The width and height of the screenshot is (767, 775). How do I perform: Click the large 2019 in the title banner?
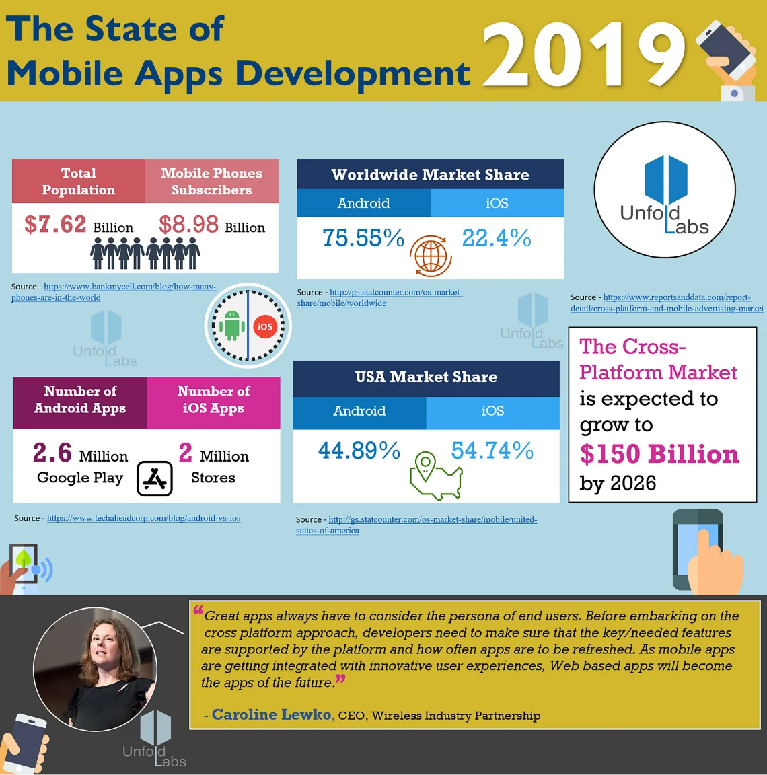coord(584,55)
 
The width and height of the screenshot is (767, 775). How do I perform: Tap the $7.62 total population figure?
coord(55,225)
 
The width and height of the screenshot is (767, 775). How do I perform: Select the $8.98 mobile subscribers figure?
coord(188,225)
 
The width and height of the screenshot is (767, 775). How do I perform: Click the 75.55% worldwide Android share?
coord(363,238)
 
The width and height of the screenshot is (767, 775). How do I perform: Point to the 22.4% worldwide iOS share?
coord(497,238)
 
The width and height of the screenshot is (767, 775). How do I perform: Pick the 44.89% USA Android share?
coord(359,451)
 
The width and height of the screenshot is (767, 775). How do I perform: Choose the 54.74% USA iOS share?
coord(492,451)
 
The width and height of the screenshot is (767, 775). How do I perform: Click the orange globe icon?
coord(431,256)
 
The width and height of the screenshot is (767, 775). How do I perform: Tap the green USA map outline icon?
coord(435,477)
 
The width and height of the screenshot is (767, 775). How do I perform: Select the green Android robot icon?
coord(232,326)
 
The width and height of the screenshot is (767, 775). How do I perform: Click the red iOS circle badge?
coord(265,326)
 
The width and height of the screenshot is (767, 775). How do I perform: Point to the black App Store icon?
coord(155,478)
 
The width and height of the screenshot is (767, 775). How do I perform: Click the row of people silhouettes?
coord(145,254)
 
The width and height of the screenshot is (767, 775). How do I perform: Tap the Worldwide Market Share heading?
coord(430,175)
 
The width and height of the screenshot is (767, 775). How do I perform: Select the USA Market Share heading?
coord(426,377)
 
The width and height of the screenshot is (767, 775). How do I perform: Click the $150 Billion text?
coord(659,455)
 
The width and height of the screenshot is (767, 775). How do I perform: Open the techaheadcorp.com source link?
coord(143,518)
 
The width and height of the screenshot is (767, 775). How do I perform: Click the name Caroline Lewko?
coord(271,714)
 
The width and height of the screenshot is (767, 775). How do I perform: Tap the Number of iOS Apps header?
coord(213,400)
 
